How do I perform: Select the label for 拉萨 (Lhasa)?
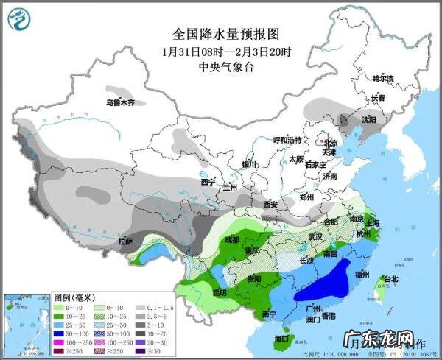[x=125, y=241]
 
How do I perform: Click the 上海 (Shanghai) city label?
[x=371, y=223]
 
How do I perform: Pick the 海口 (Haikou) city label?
[x=280, y=339]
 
